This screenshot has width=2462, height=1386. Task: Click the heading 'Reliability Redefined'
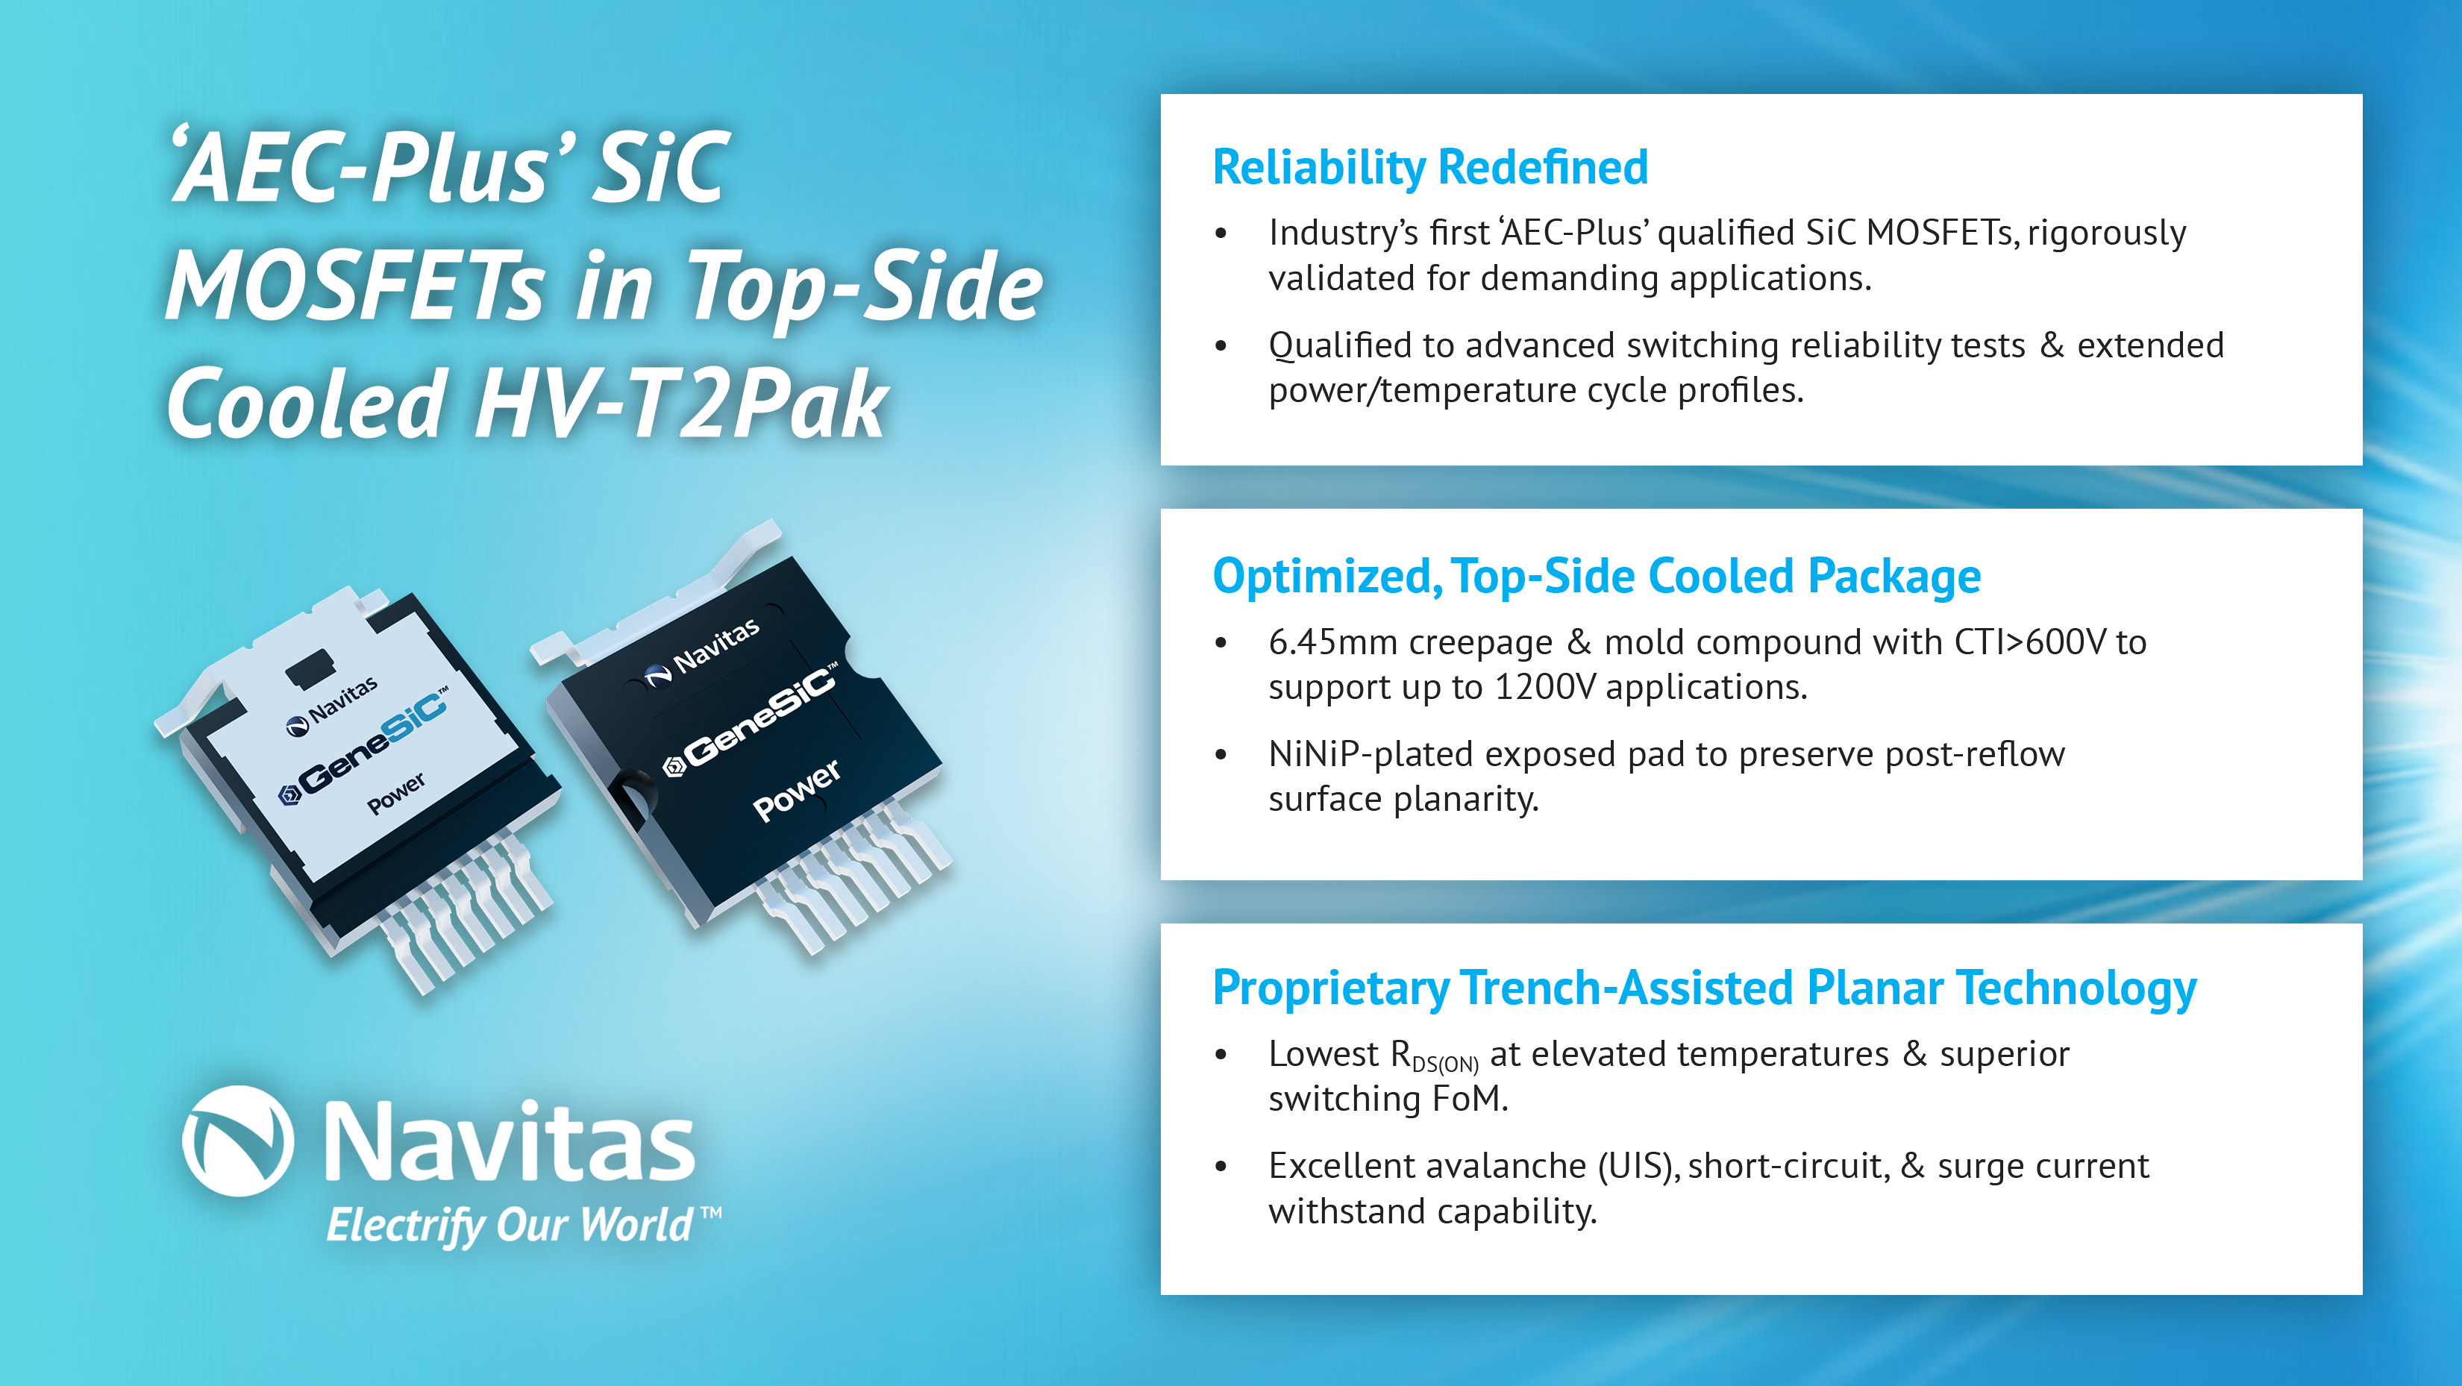click(x=1429, y=169)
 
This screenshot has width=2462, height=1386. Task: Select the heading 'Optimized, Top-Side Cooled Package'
click(x=1596, y=577)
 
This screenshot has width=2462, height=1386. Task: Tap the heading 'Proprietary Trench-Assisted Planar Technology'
click(x=1704, y=988)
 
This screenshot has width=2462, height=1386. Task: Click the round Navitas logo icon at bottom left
click(x=237, y=1141)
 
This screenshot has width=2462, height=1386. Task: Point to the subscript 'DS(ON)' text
click(x=1445, y=1064)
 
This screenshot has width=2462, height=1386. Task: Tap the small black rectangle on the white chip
click(x=310, y=665)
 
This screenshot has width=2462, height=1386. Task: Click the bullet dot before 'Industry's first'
click(x=1221, y=233)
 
